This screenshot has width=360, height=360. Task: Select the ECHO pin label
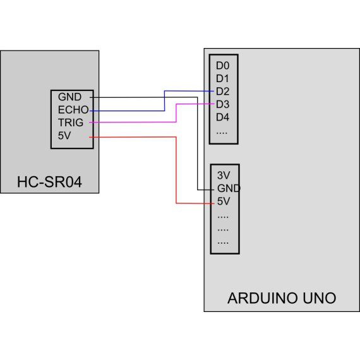[x=73, y=110]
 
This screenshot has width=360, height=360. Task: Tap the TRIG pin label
[x=71, y=122]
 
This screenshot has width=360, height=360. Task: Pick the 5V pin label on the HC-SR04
[x=64, y=135]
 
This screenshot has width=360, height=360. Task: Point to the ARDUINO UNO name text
[x=282, y=297]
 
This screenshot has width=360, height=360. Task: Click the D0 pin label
[x=222, y=65]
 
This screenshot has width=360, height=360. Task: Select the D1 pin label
[x=222, y=78]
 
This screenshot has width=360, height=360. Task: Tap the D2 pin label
[x=222, y=91]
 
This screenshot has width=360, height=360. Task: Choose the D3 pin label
[x=222, y=104]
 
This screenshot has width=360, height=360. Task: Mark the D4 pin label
[x=222, y=117]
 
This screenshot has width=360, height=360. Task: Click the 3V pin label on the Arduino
[x=223, y=176]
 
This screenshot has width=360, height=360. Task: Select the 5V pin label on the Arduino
[x=223, y=202]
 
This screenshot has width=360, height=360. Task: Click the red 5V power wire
[x=176, y=171]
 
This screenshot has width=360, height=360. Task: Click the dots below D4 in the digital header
[x=222, y=132]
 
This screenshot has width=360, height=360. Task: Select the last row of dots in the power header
[x=223, y=242]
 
